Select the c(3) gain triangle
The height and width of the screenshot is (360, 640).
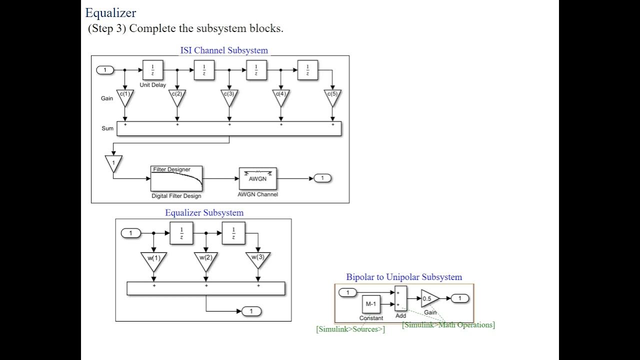(229, 96)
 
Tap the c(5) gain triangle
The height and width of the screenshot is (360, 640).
(333, 96)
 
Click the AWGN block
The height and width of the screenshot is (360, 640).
(257, 178)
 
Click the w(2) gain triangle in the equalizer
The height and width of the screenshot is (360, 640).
(205, 260)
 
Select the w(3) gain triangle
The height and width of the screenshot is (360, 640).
(258, 260)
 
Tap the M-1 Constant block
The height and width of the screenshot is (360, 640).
(371, 304)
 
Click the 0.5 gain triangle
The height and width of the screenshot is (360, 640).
(429, 298)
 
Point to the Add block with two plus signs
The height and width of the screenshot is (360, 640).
(400, 298)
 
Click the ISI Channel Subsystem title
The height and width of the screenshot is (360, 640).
(223, 50)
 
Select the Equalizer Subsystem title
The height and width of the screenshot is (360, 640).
(204, 212)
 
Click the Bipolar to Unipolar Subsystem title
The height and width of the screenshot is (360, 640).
(404, 277)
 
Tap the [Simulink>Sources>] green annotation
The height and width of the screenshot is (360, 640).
(350, 329)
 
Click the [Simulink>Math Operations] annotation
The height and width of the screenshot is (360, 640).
(448, 325)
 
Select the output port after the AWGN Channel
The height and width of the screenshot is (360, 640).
(322, 178)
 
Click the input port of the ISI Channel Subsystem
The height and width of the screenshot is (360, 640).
(105, 70)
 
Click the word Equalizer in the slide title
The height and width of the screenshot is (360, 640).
(110, 12)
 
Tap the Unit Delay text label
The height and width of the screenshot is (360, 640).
(152, 85)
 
